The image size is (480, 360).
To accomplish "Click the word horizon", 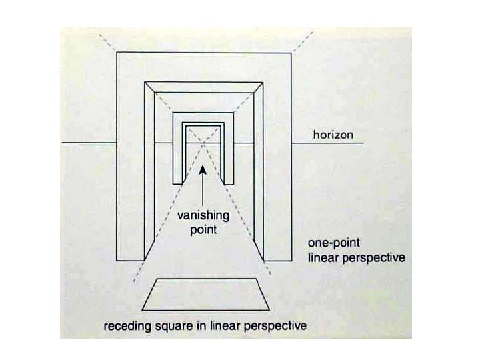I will (x=337, y=135).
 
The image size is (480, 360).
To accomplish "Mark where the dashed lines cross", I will (x=203, y=144).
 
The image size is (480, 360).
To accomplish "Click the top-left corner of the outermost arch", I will (x=117, y=53).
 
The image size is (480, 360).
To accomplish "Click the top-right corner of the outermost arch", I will (x=291, y=53).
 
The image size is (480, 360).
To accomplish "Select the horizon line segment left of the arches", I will (x=88, y=144).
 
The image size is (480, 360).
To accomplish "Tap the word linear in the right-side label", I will (x=323, y=257).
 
